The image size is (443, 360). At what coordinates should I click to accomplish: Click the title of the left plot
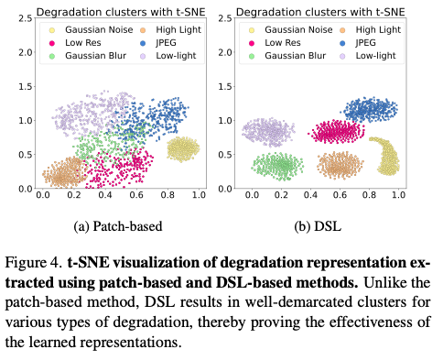pyautogui.click(x=120, y=12)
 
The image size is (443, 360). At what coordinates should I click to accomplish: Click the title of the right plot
pyautogui.click(x=320, y=12)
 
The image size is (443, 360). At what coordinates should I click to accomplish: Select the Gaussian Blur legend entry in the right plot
pyautogui.click(x=287, y=56)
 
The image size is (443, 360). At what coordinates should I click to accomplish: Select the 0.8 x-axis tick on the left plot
pyautogui.click(x=167, y=195)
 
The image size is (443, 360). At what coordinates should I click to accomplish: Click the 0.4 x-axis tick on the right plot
pyautogui.click(x=310, y=195)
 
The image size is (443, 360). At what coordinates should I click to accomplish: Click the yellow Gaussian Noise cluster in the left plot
pyautogui.click(x=183, y=148)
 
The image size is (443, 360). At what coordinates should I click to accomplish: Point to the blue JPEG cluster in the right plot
pyautogui.click(x=371, y=111)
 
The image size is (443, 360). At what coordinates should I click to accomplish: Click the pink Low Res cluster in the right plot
pyautogui.click(x=336, y=132)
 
